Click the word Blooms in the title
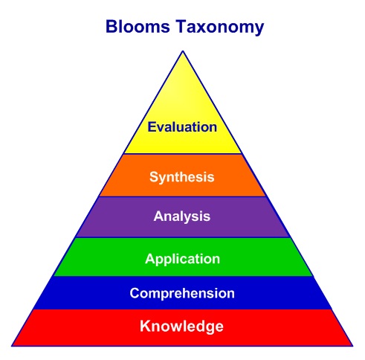click(x=136, y=28)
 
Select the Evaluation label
click(x=182, y=126)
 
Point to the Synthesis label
click(x=182, y=177)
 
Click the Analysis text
click(x=182, y=217)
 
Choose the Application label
click(x=182, y=259)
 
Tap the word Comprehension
click(x=182, y=293)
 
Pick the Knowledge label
click(x=182, y=326)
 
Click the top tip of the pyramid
click(x=182, y=50)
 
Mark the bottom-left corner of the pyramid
click(x=12, y=345)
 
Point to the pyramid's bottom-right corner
click(x=353, y=345)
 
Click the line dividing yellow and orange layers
click(x=182, y=154)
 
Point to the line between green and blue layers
click(x=182, y=276)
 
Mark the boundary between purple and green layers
click(x=182, y=237)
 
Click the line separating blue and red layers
click(x=182, y=309)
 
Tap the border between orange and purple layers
click(x=182, y=196)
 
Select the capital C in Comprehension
click(x=135, y=293)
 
